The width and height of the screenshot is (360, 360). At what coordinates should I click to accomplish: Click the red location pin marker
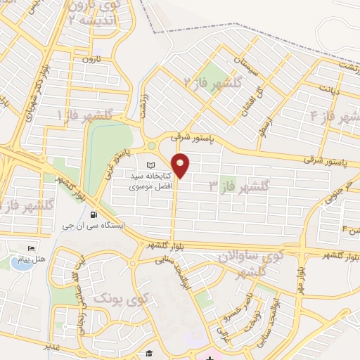pyautogui.click(x=181, y=165)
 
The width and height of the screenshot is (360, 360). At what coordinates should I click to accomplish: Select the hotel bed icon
pyautogui.click(x=30, y=249)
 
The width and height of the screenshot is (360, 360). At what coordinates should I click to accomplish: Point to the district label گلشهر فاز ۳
pyautogui.click(x=239, y=186)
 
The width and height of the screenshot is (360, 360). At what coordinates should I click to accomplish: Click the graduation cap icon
pyautogui.click(x=149, y=354)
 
